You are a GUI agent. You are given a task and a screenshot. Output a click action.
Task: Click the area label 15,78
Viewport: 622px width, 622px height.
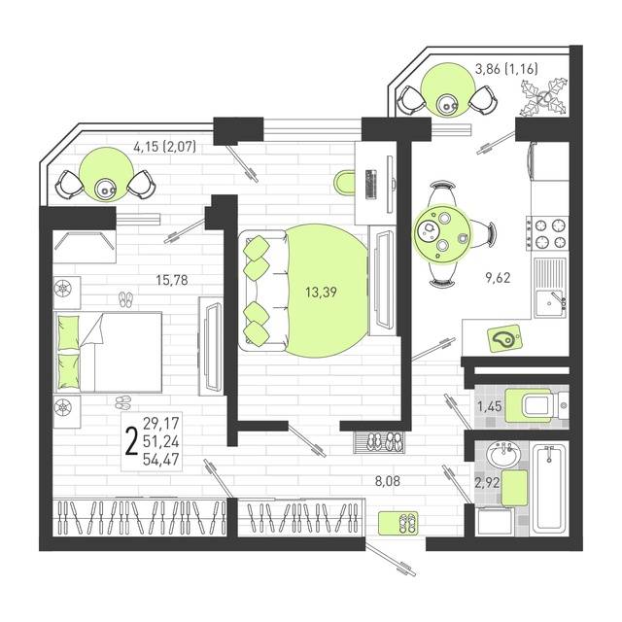point(172,281)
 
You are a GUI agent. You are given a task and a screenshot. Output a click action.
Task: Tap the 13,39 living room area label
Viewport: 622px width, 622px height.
point(321,293)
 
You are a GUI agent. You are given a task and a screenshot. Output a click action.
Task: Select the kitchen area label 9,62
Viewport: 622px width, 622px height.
point(498,278)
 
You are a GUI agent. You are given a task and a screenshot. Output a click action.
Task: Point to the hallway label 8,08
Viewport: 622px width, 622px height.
point(388,482)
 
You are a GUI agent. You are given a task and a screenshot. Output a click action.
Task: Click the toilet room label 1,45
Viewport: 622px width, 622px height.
point(490,406)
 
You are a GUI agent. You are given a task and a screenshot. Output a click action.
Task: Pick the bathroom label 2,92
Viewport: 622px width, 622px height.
point(487,483)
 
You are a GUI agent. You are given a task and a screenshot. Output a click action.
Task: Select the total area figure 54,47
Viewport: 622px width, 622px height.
point(161,460)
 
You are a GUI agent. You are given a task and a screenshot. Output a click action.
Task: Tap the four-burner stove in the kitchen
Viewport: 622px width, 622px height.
point(548,234)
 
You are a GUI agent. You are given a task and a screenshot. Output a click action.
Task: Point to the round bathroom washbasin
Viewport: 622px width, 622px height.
point(503,455)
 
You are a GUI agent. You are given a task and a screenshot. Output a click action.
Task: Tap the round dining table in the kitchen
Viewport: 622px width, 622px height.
point(442,234)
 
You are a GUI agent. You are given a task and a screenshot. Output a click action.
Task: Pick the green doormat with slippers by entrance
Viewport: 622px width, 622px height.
point(398,523)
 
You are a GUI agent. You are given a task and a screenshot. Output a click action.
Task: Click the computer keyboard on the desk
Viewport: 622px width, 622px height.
point(371,184)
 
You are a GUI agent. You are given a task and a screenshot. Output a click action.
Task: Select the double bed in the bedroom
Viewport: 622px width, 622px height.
point(108,352)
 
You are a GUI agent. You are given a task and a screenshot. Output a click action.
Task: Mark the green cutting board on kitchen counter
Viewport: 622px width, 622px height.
point(504,339)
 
